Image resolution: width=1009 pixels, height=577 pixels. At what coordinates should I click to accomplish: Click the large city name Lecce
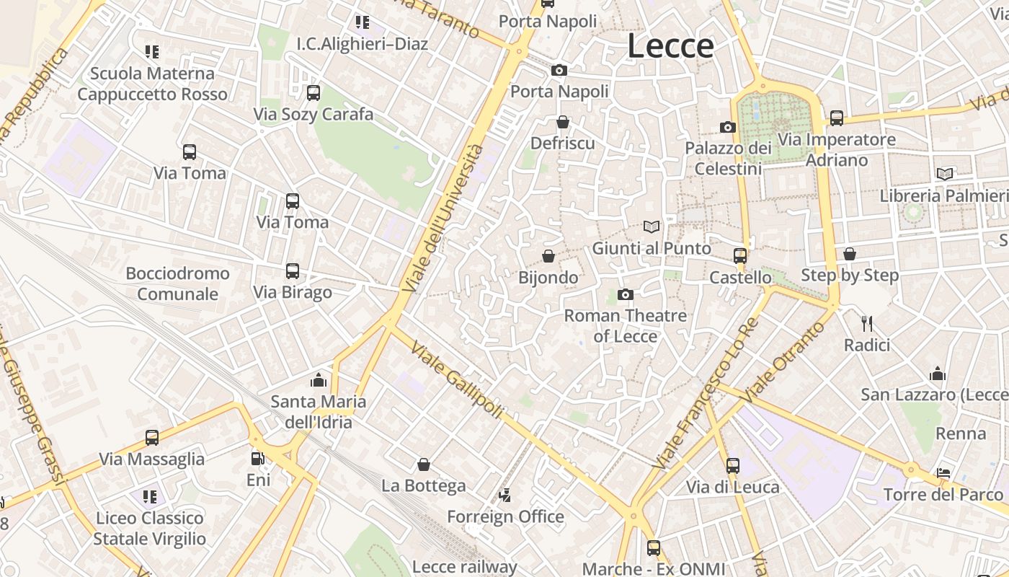click(670, 46)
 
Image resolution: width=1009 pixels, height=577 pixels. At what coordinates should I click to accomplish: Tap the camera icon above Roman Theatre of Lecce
click(626, 294)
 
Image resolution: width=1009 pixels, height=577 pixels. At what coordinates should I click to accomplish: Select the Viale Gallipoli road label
click(457, 379)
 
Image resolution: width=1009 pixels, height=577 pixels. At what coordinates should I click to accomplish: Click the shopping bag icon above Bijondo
click(548, 256)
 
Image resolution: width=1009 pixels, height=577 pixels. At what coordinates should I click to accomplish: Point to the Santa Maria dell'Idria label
click(319, 411)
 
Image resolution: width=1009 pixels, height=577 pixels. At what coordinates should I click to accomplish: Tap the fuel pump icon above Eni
click(257, 459)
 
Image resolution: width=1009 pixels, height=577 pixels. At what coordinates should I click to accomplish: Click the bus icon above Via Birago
click(293, 271)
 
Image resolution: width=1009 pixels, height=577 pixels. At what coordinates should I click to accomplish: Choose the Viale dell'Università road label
click(443, 218)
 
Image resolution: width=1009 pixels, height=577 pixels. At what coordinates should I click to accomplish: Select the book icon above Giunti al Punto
click(652, 227)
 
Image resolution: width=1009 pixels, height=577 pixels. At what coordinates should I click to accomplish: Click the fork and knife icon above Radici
click(867, 324)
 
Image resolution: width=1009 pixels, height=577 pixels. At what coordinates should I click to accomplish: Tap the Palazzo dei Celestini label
click(728, 158)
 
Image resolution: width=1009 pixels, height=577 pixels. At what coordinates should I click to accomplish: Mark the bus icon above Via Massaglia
click(152, 437)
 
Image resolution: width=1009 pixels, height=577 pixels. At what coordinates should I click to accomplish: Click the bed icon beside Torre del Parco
click(943, 474)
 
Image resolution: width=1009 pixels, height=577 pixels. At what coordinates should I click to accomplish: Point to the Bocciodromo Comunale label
click(177, 283)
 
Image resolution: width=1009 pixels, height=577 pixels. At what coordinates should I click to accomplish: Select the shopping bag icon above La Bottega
click(424, 464)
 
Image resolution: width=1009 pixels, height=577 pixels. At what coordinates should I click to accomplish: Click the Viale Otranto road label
click(783, 362)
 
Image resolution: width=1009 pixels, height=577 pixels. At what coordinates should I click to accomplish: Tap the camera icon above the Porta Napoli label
click(559, 70)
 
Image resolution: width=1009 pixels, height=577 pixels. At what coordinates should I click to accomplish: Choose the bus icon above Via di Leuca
click(733, 466)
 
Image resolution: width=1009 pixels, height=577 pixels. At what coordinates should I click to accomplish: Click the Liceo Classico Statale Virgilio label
click(150, 528)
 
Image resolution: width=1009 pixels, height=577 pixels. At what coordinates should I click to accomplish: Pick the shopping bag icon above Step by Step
click(850, 254)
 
